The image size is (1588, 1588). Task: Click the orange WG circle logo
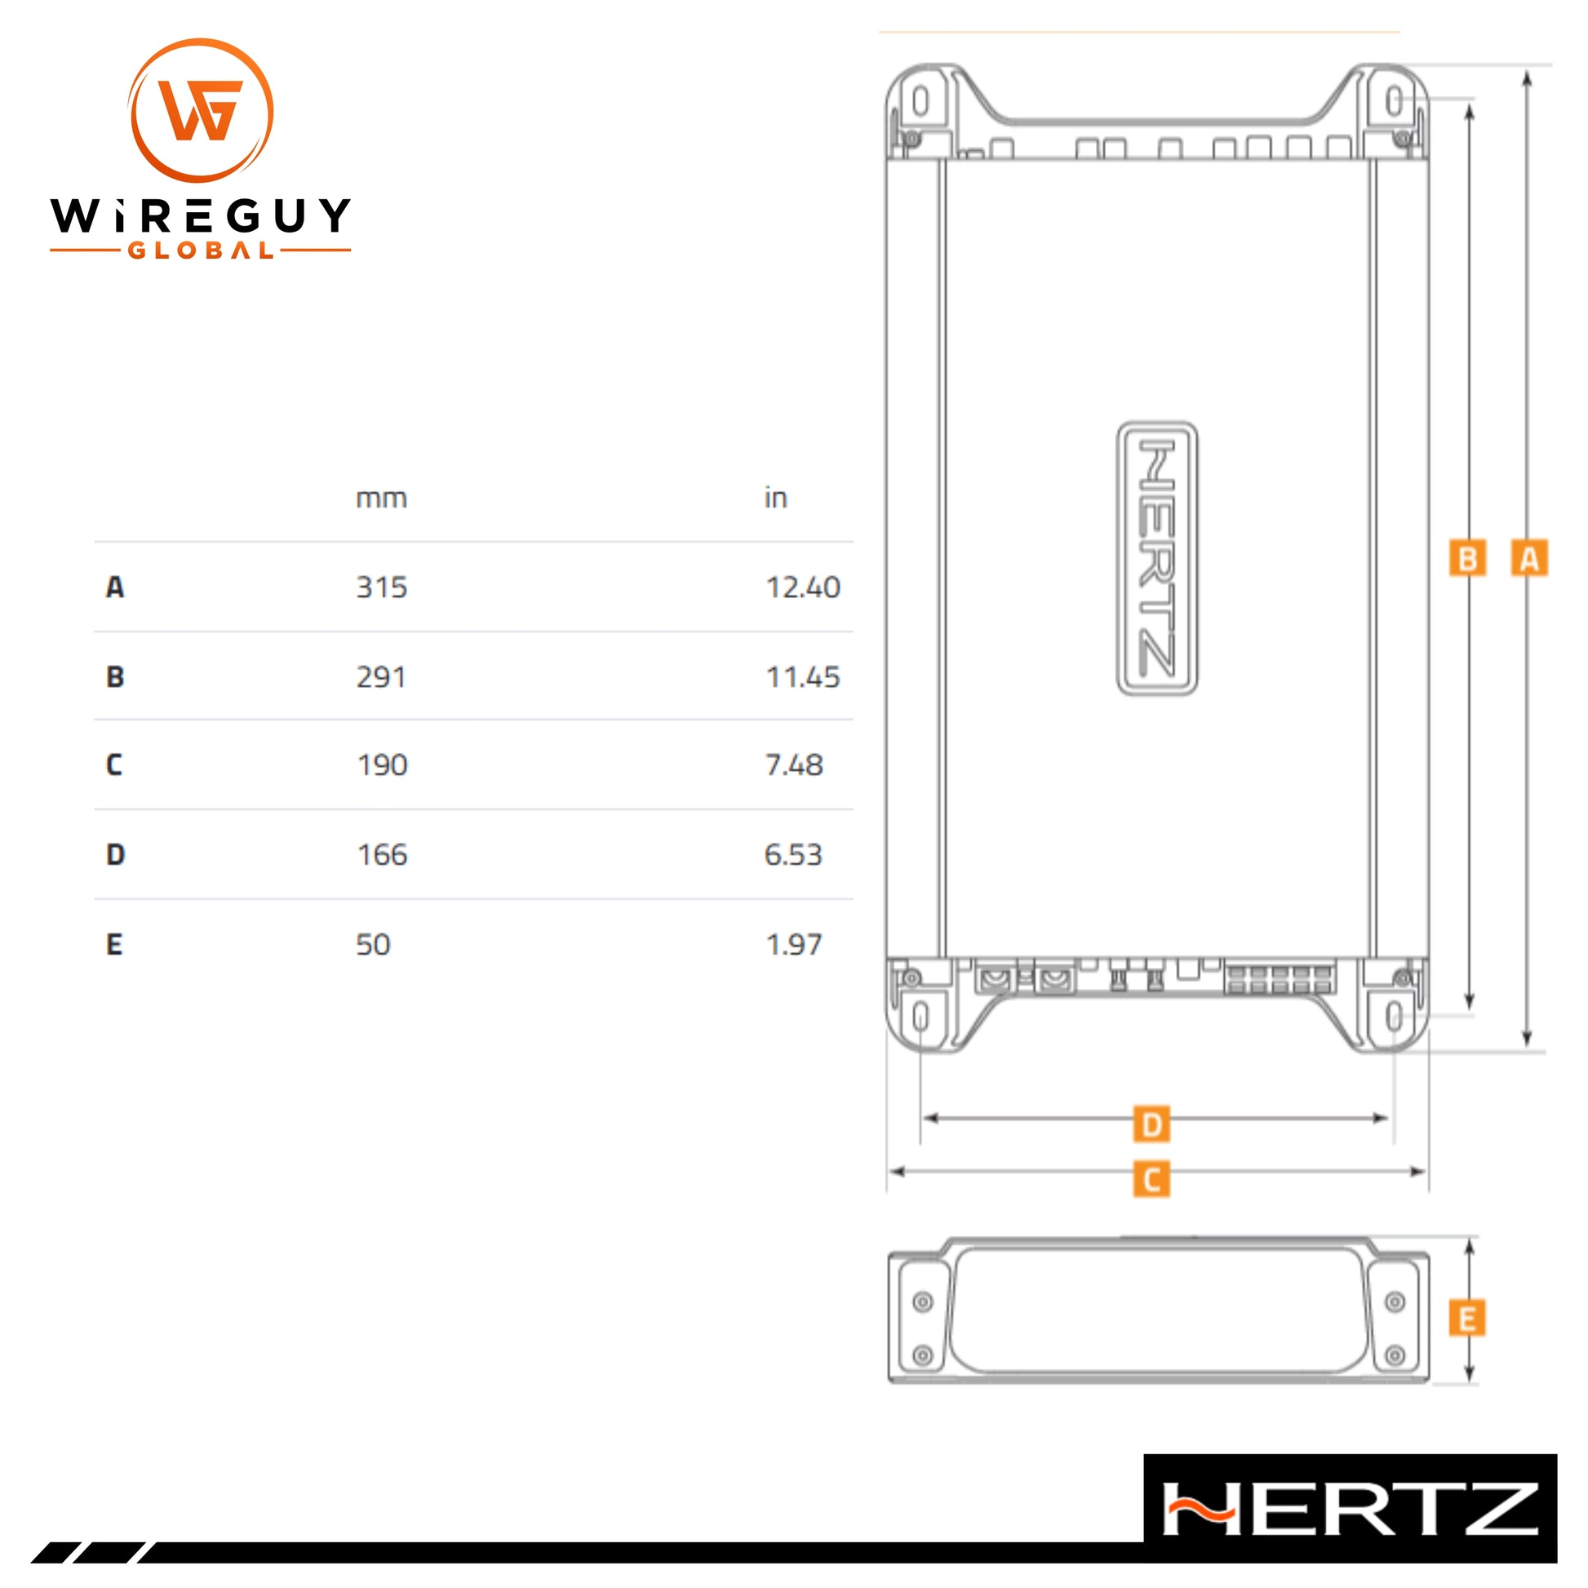(201, 110)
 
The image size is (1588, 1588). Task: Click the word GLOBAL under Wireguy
(201, 251)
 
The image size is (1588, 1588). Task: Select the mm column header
(381, 499)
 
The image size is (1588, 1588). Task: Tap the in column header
(776, 498)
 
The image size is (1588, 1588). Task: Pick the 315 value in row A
(381, 588)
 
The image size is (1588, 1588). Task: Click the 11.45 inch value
(803, 677)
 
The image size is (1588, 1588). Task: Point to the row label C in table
(114, 765)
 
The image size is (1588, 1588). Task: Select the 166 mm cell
(382, 855)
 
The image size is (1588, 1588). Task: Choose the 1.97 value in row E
(794, 944)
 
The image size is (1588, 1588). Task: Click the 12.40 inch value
(803, 588)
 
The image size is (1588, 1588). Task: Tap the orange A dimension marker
(1528, 559)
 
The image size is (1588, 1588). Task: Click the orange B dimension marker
(1468, 559)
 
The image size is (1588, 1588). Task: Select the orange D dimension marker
(1151, 1124)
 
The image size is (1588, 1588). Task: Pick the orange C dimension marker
(1151, 1179)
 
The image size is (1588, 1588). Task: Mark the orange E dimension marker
(1467, 1320)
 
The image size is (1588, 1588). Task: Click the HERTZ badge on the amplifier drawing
(1157, 559)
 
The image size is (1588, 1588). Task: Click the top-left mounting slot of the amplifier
(920, 102)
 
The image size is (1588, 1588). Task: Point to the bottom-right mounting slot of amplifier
(1394, 1017)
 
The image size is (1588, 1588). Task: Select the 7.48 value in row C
(794, 765)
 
